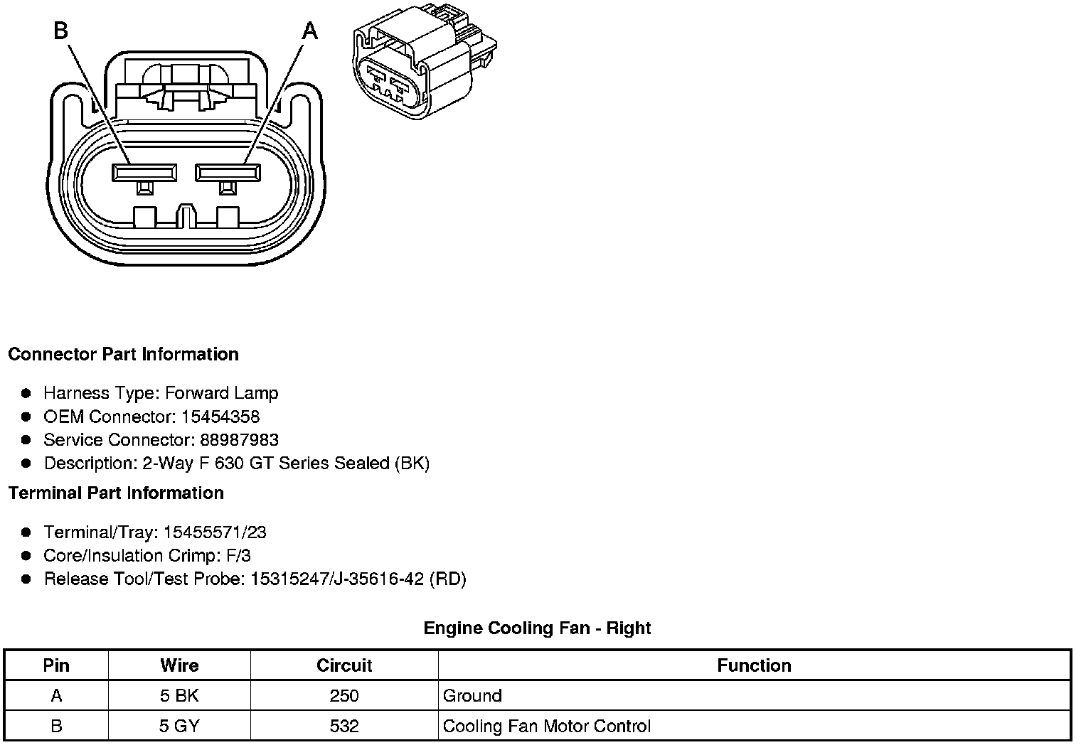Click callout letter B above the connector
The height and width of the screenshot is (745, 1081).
[x=61, y=31]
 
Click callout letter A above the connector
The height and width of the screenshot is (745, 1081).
[x=310, y=31]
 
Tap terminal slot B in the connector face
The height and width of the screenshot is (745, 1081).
[x=144, y=172]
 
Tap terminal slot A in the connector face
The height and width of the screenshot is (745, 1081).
[x=228, y=172]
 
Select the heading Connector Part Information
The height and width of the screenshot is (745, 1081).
[x=123, y=354]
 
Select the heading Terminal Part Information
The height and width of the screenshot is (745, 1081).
[x=116, y=493]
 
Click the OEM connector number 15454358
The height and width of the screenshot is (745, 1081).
[x=220, y=417]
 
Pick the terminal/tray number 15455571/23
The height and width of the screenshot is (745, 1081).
[x=215, y=532]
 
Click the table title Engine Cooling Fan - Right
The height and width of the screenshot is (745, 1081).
[x=537, y=628]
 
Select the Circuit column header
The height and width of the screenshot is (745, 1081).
[x=344, y=665]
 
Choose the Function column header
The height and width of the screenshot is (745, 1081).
[x=754, y=665]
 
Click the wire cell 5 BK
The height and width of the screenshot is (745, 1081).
[x=179, y=695]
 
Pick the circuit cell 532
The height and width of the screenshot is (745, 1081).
[x=344, y=726]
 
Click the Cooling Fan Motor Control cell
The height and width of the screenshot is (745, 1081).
[x=546, y=726]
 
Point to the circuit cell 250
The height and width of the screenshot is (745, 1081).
[x=344, y=695]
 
